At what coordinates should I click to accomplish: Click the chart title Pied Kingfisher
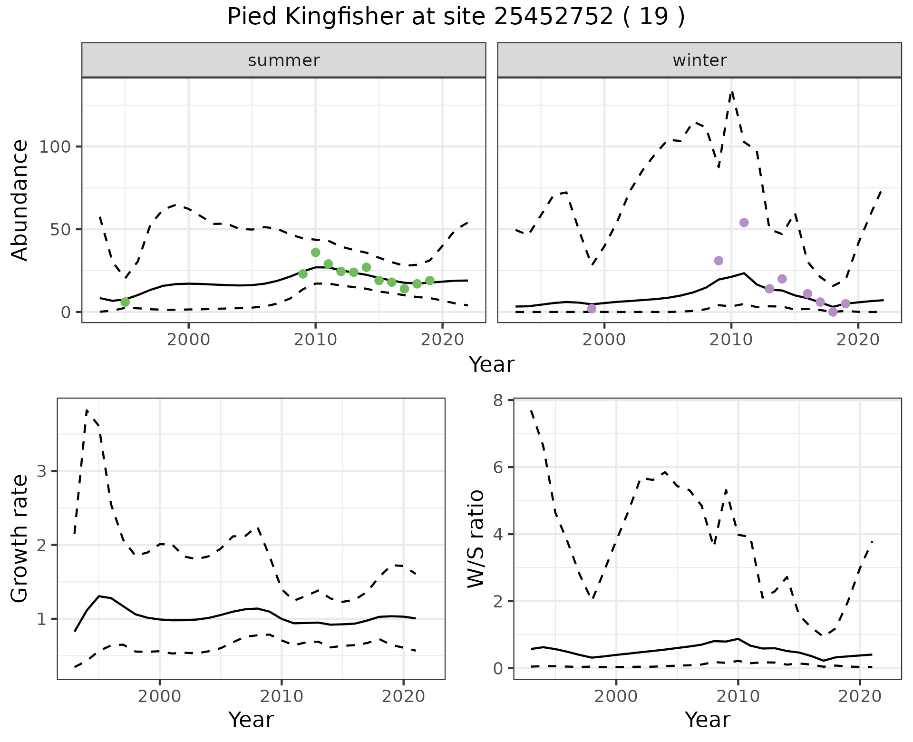pyautogui.click(x=456, y=17)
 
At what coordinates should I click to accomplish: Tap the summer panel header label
pyautogui.click(x=284, y=60)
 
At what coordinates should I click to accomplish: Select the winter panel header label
pyautogui.click(x=699, y=60)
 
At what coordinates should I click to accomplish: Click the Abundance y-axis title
pyautogui.click(x=20, y=200)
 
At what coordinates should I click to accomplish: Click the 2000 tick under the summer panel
pyautogui.click(x=188, y=340)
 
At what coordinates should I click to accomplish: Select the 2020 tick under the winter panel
pyautogui.click(x=858, y=340)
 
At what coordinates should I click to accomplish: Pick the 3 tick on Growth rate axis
pyautogui.click(x=42, y=471)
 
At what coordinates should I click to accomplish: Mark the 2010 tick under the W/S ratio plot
pyautogui.click(x=738, y=697)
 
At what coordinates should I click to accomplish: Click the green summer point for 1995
pyautogui.click(x=125, y=302)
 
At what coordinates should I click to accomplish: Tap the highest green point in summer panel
pyautogui.click(x=315, y=252)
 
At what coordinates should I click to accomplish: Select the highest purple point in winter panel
pyautogui.click(x=744, y=223)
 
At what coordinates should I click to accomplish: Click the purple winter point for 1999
pyautogui.click(x=592, y=309)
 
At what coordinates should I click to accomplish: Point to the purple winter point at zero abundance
pyautogui.click(x=833, y=312)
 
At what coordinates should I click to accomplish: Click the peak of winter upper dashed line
pyautogui.click(x=732, y=91)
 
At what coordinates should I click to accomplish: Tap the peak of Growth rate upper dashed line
pyautogui.click(x=87, y=410)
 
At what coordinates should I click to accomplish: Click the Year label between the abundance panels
pyautogui.click(x=492, y=365)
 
